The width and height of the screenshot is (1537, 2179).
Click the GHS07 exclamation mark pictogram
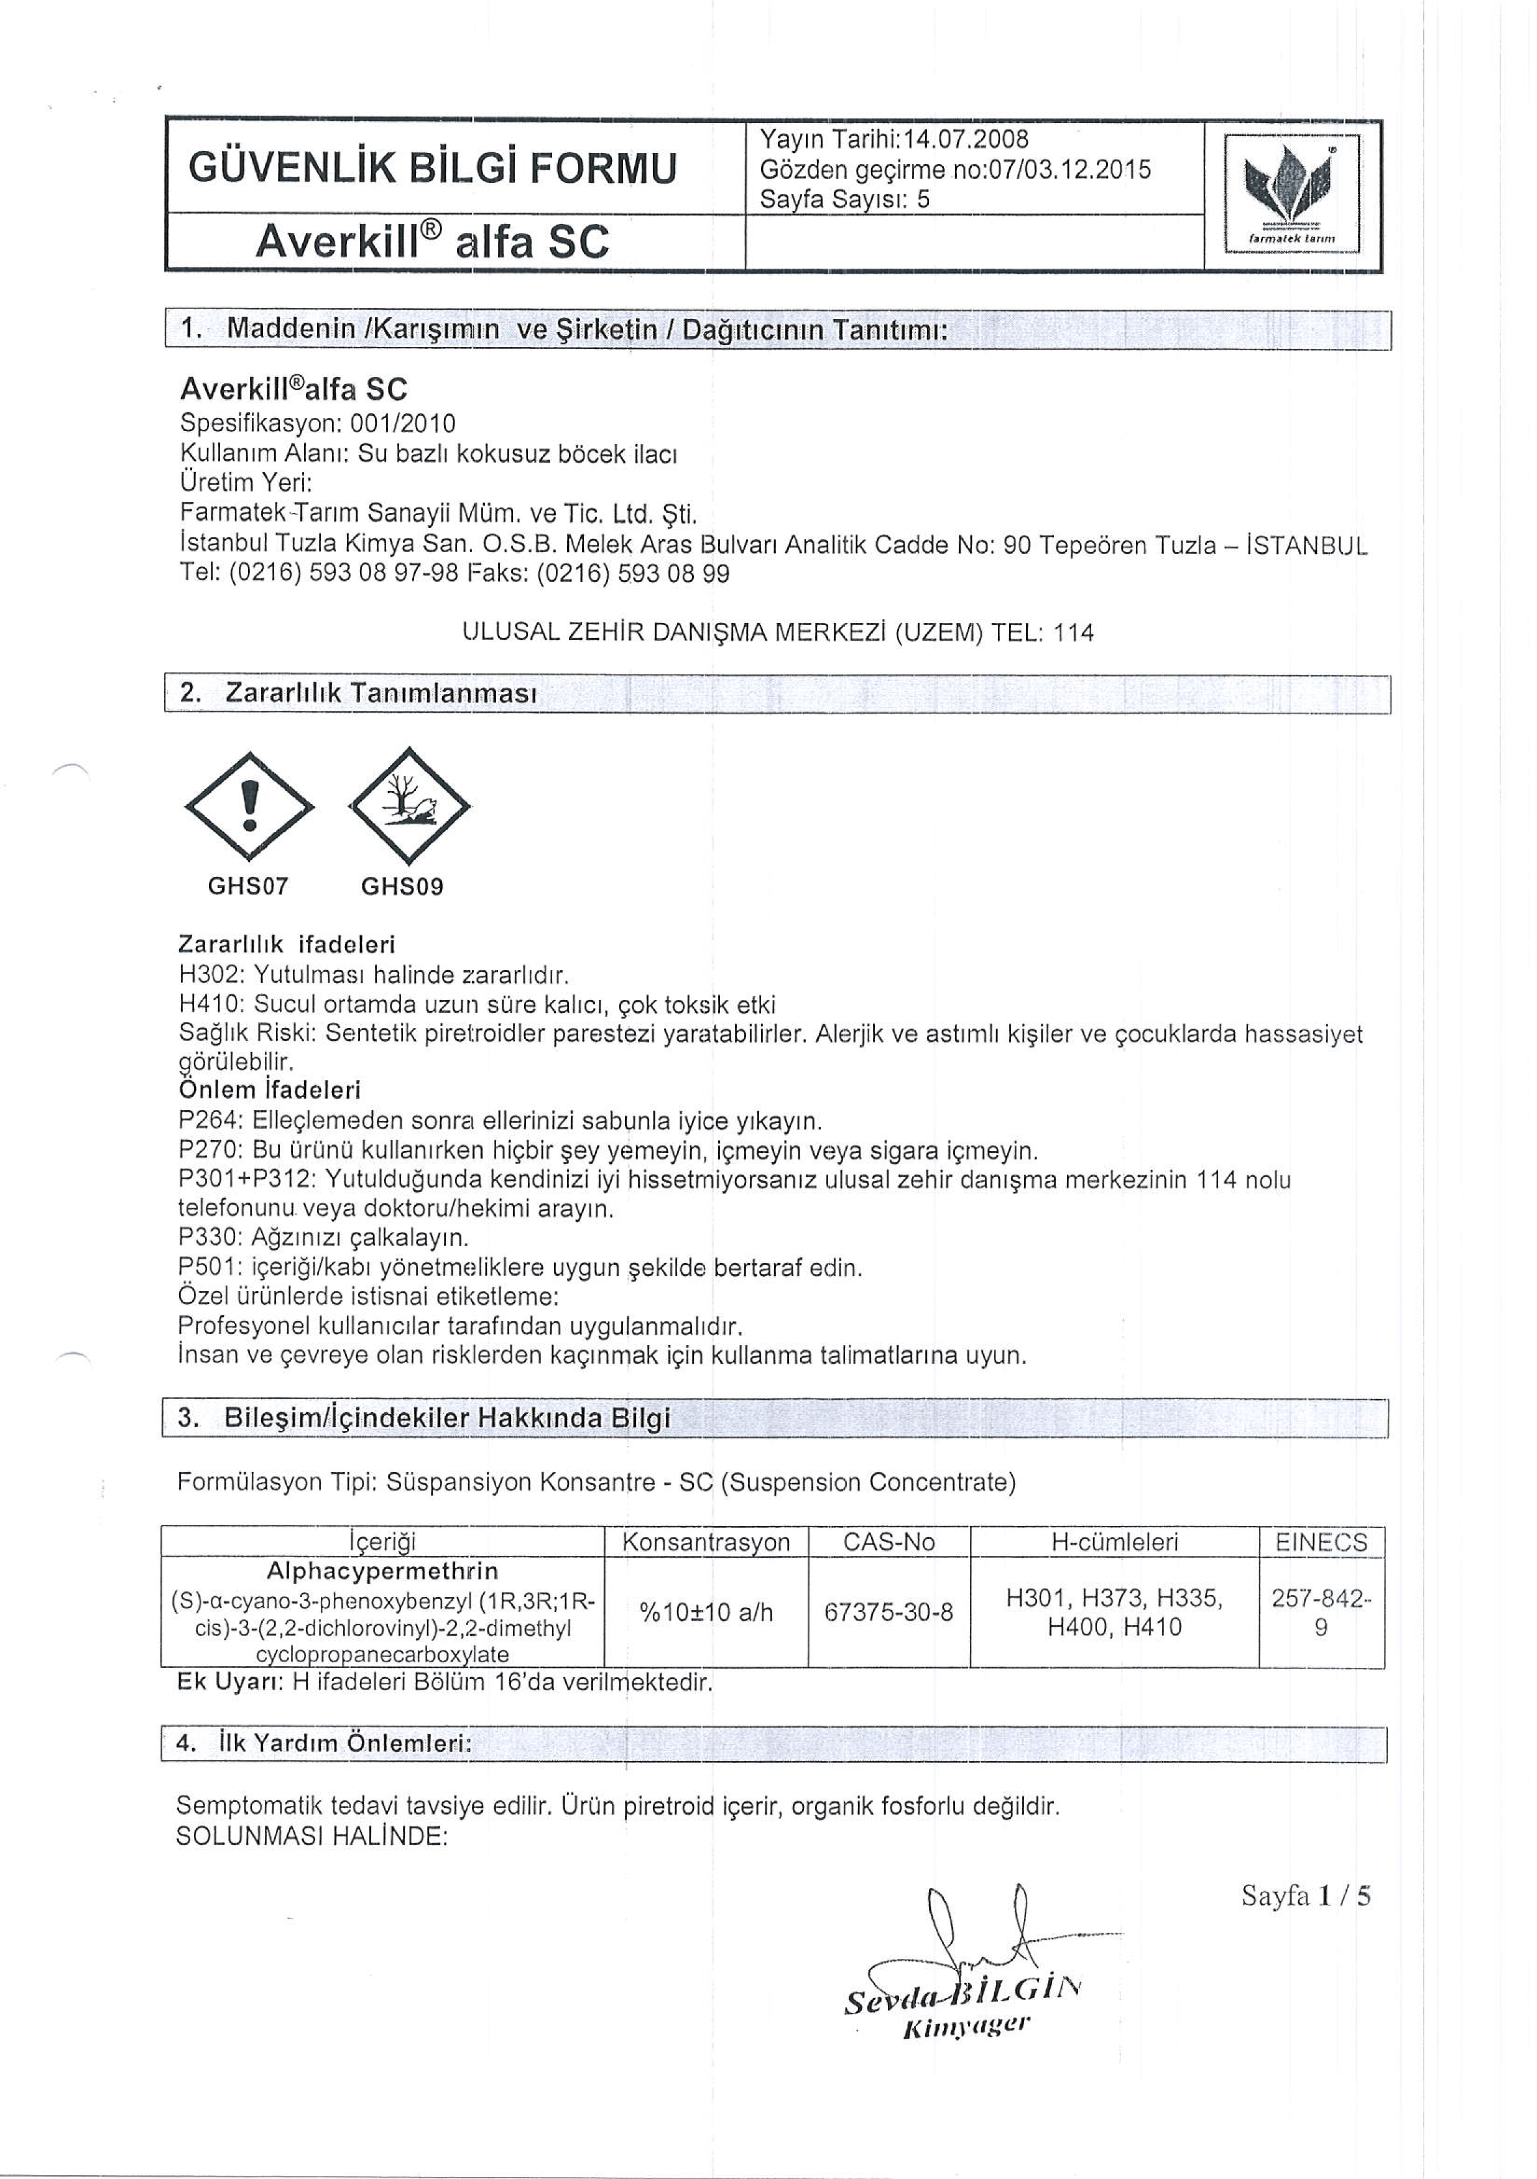pyautogui.click(x=249, y=808)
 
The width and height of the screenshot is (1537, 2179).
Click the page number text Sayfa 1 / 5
pyautogui.click(x=1306, y=1896)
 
